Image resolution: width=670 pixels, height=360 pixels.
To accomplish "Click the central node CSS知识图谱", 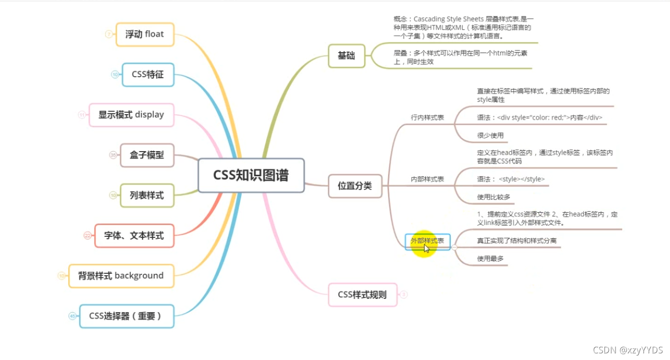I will tap(251, 175).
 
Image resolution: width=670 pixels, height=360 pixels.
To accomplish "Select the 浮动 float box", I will tap(145, 35).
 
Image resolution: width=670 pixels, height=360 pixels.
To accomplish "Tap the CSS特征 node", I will tap(148, 75).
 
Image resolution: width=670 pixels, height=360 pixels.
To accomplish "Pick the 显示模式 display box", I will tap(131, 115).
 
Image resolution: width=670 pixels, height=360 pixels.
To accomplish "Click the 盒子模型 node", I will tap(147, 155).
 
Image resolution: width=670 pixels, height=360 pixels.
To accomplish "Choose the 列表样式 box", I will tap(147, 195).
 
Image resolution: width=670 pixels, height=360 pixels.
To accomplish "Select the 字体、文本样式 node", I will tap(134, 235).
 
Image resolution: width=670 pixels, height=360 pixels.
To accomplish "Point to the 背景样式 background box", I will tap(121, 276).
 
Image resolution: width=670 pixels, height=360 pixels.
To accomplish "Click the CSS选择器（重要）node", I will tap(126, 316).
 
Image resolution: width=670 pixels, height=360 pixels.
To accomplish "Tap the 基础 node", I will tap(346, 56).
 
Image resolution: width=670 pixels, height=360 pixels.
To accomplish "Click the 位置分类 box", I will tap(355, 186).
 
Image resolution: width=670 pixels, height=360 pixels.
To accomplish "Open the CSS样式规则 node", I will tap(362, 295).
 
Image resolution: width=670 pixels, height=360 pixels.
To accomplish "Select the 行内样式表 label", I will tap(427, 117).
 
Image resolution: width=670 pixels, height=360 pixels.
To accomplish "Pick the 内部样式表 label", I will tap(427, 179).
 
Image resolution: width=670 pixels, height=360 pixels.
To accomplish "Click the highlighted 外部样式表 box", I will tap(427, 241).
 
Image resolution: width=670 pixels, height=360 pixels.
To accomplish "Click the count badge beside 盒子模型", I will tap(113, 155).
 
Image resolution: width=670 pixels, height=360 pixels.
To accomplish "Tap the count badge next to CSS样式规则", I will tap(404, 295).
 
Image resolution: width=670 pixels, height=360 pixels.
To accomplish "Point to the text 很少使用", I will tap(490, 135).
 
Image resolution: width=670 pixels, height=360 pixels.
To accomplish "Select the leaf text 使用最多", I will tap(490, 259).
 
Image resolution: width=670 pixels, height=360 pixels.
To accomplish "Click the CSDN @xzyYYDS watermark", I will tap(628, 350).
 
